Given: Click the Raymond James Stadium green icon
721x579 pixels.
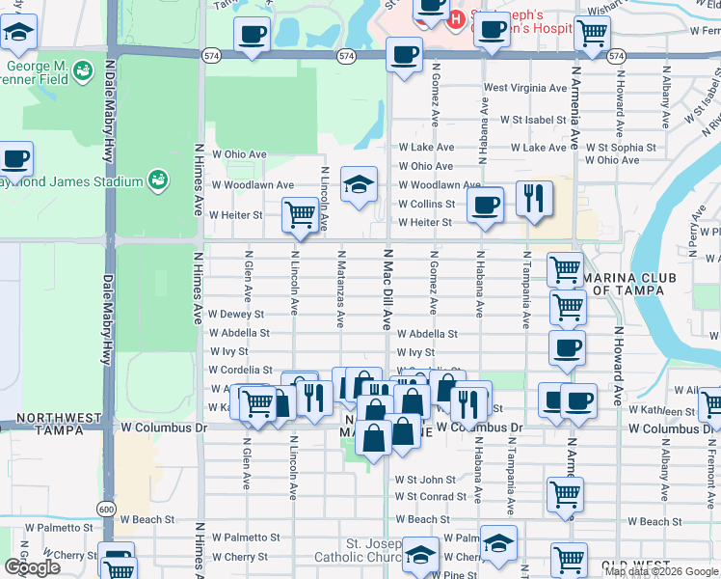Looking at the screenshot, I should tap(157, 179).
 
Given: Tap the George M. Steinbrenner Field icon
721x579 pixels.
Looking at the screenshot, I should tap(83, 71).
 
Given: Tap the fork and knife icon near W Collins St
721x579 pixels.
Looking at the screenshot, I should tap(533, 198).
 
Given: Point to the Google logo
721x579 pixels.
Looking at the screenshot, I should tap(32, 567).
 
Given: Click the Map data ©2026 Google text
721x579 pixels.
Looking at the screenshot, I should tap(661, 571).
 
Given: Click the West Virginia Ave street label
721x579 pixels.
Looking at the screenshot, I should tap(525, 88).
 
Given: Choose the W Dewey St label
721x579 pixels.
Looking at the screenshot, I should tap(237, 315).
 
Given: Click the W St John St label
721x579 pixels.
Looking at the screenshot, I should tap(425, 480).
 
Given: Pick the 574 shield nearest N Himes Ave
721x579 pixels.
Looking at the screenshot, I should tap(210, 57).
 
